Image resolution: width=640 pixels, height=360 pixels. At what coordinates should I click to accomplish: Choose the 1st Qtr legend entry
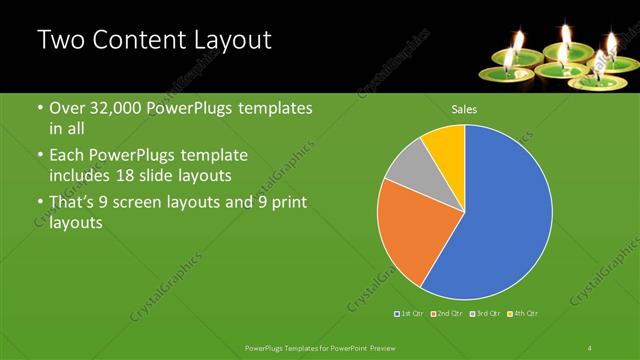click(x=409, y=314)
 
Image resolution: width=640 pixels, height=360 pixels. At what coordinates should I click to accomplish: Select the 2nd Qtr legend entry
click(x=447, y=314)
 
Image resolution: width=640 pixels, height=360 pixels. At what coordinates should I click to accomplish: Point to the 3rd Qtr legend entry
click(x=486, y=314)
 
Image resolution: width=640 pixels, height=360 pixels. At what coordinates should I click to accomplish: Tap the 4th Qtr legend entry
click(x=524, y=314)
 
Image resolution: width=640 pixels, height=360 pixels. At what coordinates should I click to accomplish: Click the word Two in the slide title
click(x=58, y=41)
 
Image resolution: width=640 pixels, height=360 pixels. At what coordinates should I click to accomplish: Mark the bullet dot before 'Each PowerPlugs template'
click(x=39, y=157)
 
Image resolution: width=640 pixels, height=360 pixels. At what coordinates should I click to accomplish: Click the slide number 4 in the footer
click(x=590, y=347)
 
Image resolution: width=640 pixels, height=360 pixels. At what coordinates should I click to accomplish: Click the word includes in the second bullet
click(x=82, y=174)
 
